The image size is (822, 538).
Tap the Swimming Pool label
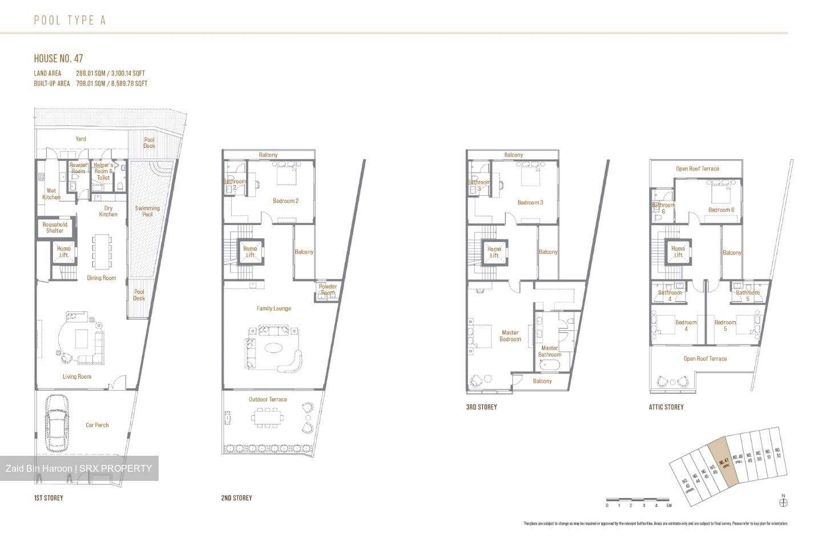[x=147, y=211]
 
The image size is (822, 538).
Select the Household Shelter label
[x=55, y=227]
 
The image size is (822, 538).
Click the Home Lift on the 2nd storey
[x=250, y=252]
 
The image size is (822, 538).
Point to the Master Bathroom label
[x=549, y=351]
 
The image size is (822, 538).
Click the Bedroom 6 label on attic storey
[x=721, y=210]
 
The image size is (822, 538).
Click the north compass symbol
[x=783, y=502]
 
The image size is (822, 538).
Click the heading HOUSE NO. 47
[x=58, y=58]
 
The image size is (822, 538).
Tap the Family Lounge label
[x=273, y=308]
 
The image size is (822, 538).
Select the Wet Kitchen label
[x=51, y=194]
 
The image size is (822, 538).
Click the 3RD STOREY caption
[x=481, y=407]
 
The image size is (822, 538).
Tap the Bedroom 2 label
[x=285, y=201]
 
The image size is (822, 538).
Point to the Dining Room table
[x=102, y=251]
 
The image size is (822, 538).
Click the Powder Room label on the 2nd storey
[x=328, y=290]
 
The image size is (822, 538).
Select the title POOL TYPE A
[x=70, y=21]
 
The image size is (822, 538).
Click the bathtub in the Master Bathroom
[x=549, y=367]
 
